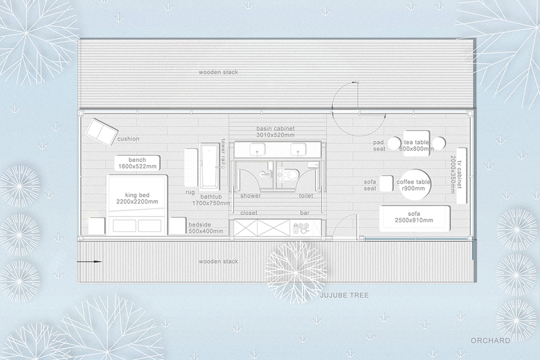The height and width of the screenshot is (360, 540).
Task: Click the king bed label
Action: click(x=137, y=198)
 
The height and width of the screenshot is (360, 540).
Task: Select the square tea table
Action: click(x=416, y=144)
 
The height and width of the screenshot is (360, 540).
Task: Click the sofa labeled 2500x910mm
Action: click(x=415, y=219)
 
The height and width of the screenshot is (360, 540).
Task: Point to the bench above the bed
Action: click(x=137, y=163)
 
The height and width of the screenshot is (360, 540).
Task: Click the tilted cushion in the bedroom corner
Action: click(x=102, y=132)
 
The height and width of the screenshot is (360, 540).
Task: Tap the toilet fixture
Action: click(x=290, y=174)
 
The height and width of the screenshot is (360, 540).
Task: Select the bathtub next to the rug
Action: click(x=210, y=167)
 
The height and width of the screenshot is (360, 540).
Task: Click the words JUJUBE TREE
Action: click(x=344, y=295)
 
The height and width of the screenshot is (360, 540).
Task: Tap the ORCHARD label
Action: click(x=490, y=341)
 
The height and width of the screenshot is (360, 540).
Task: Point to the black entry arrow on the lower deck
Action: click(x=89, y=262)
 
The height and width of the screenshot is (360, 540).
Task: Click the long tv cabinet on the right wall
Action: click(x=462, y=176)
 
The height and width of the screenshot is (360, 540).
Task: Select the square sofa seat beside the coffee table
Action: click(x=386, y=183)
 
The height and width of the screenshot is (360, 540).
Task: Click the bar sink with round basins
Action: click(x=301, y=228)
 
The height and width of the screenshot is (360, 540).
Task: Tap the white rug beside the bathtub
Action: click(x=191, y=167)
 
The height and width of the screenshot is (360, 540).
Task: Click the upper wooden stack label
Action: click(x=218, y=72)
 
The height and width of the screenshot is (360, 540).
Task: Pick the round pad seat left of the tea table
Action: click(x=395, y=143)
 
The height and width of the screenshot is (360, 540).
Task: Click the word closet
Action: click(x=249, y=213)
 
